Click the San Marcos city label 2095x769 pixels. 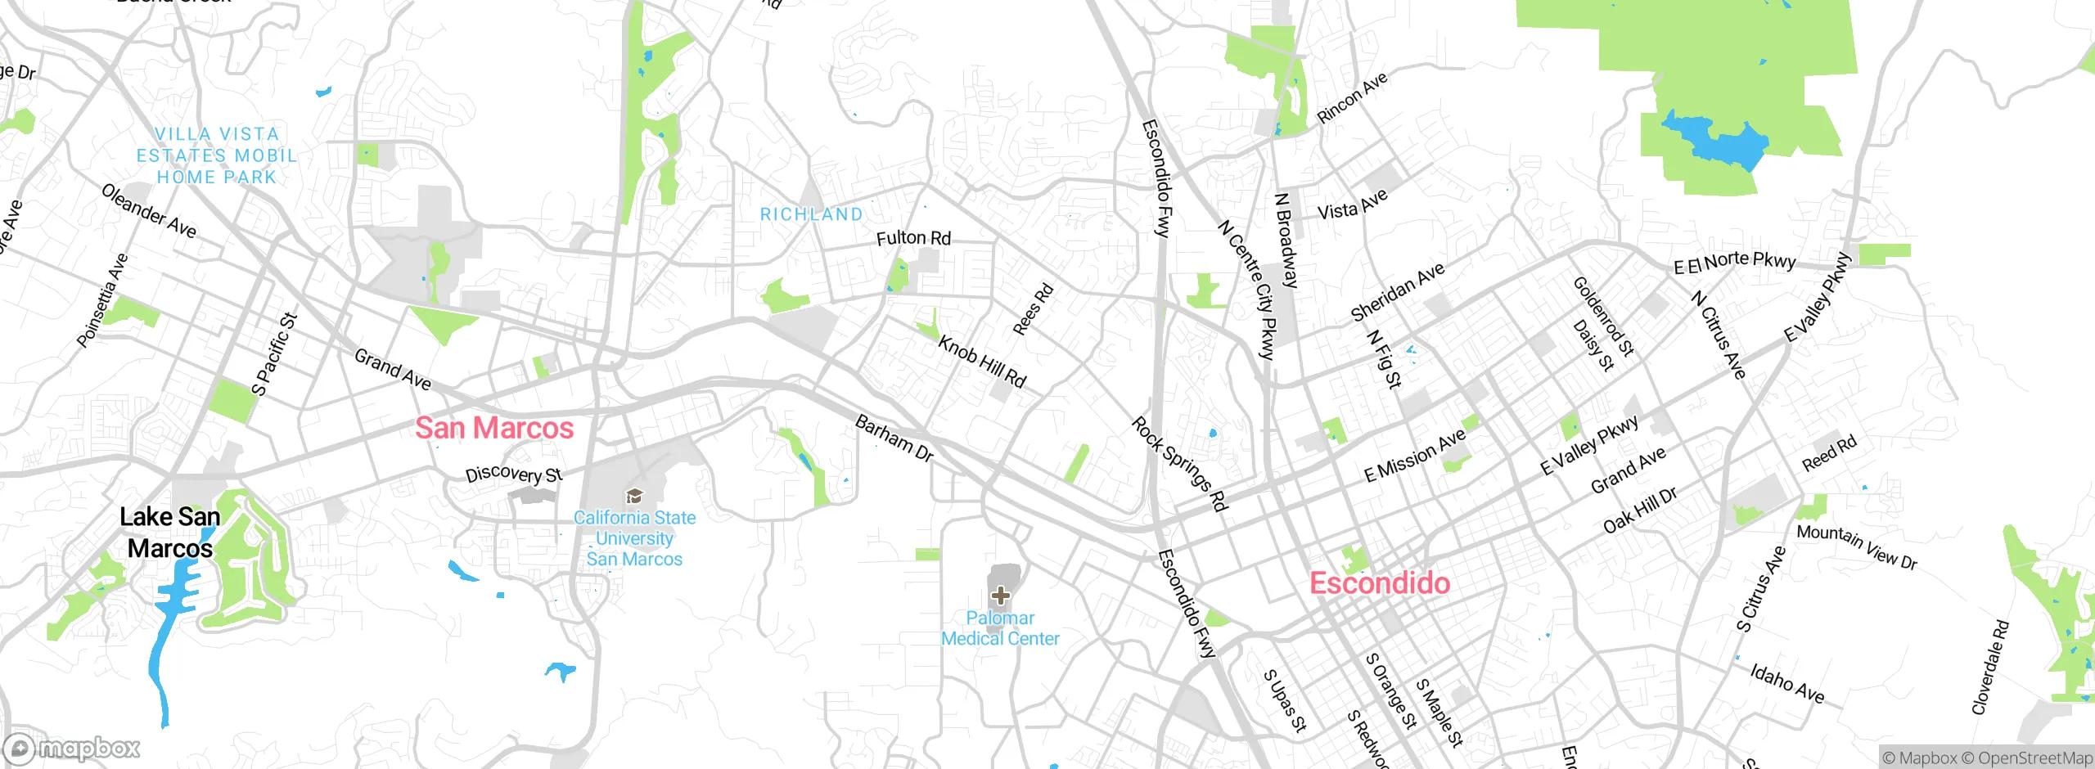(494, 428)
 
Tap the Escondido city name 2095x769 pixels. (1380, 583)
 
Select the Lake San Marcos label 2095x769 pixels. (170, 533)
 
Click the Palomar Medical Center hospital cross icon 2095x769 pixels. (1000, 595)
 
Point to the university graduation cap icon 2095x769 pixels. (633, 496)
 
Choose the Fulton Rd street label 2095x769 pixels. (913, 238)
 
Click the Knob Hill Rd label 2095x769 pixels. (981, 361)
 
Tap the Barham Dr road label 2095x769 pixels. (894, 438)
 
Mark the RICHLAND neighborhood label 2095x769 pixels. (812, 214)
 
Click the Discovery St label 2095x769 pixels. (514, 474)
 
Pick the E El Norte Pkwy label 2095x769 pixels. (1734, 262)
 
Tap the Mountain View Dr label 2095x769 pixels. (1856, 546)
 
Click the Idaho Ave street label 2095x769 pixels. (1787, 683)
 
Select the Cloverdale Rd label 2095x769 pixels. (1990, 667)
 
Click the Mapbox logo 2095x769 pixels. (72, 748)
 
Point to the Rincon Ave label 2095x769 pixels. (1352, 98)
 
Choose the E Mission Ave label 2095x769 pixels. (1414, 456)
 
